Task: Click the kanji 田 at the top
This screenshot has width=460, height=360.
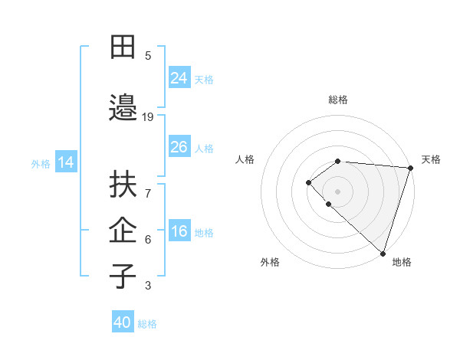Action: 123,47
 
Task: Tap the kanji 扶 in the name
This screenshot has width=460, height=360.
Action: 123,185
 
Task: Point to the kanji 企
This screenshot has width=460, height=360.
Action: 123,230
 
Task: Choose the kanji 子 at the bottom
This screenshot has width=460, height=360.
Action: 123,277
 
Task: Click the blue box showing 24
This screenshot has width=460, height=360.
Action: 179,78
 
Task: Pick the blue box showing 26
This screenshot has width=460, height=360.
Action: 179,147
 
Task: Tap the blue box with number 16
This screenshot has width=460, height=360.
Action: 179,232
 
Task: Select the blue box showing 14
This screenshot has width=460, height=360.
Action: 66,162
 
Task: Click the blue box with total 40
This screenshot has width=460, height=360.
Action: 123,322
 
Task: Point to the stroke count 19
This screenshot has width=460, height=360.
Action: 148,117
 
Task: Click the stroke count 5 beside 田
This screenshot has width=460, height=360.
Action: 148,55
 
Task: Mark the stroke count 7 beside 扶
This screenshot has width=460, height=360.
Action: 148,186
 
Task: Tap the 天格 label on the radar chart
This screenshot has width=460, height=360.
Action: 431,159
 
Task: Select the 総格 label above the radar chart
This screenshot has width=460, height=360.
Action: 337,100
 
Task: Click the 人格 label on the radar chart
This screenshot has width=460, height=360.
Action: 245,159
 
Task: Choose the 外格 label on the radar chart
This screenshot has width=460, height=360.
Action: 270,262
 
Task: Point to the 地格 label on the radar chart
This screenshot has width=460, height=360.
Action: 402,262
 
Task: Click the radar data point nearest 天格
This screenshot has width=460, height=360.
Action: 410,167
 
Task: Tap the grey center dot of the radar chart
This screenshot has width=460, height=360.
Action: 337,191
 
